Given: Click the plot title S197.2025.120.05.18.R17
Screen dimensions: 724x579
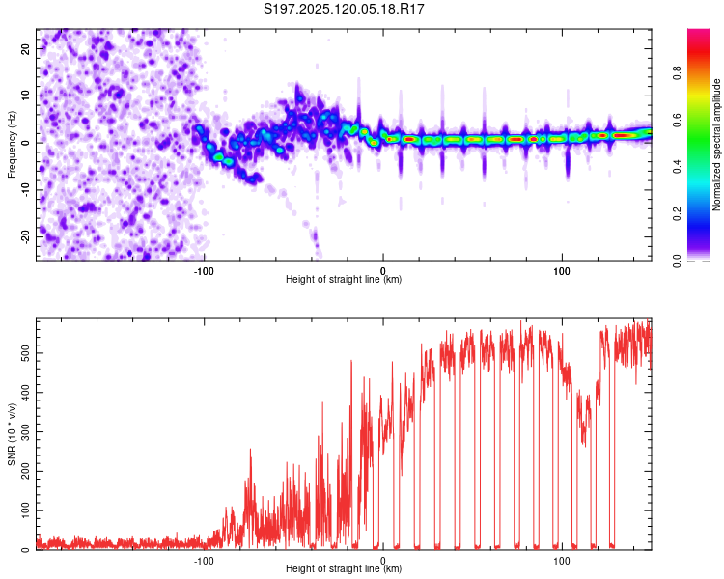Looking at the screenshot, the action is pos(344,9).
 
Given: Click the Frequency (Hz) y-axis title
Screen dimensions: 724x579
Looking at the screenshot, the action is pos(12,145).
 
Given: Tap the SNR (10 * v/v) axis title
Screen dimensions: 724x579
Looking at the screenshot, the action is pos(12,434).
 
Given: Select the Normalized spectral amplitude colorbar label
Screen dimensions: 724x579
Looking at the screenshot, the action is pos(716,145).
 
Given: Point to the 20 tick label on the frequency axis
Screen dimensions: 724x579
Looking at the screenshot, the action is pos(25,49).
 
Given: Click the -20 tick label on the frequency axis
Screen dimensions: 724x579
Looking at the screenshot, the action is pos(25,237).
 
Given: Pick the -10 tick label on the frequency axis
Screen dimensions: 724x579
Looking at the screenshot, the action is pos(25,190).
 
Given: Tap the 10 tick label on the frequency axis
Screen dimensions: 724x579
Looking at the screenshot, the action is pos(25,96).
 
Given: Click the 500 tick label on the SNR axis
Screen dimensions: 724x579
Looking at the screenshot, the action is pos(25,353).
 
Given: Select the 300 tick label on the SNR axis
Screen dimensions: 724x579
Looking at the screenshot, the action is pos(25,431).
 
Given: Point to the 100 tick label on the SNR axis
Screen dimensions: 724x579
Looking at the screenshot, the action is pos(25,510).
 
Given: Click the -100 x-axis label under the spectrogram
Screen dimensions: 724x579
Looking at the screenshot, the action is pos(204,271).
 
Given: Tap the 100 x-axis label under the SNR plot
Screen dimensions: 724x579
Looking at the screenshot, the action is pos(562,561).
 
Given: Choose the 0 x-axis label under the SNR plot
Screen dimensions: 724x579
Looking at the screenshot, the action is pos(383,561).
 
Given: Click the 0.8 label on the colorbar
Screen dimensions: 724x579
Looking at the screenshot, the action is pos(677,73).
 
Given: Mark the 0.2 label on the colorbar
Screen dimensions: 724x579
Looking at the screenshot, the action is pos(677,214).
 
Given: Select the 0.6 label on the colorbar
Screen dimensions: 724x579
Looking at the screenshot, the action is pos(677,120).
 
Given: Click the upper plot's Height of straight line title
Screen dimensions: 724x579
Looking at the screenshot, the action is pos(344,279).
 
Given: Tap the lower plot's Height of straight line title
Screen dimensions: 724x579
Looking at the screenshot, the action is pos(344,568).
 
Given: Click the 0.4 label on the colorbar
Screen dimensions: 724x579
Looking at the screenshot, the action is pos(677,167).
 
